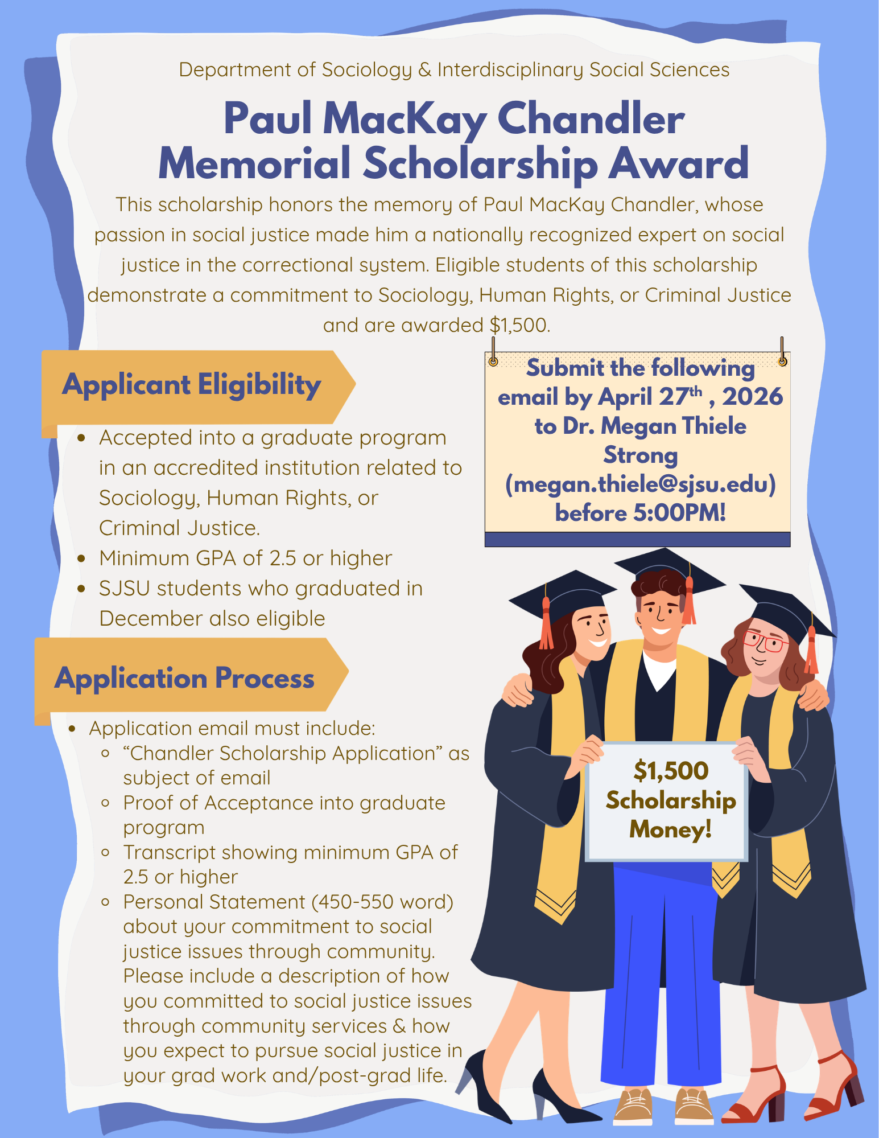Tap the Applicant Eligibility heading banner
click(x=192, y=385)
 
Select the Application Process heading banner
click(x=184, y=677)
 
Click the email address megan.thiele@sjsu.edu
click(x=640, y=484)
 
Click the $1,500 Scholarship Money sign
click(x=670, y=800)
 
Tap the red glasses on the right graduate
click(x=766, y=642)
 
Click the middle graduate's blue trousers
click(x=660, y=968)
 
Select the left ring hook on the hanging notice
click(x=493, y=361)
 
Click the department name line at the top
click(x=453, y=69)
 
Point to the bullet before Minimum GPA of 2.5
click(x=81, y=558)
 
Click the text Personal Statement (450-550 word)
click(x=288, y=902)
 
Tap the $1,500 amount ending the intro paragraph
click(x=519, y=325)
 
